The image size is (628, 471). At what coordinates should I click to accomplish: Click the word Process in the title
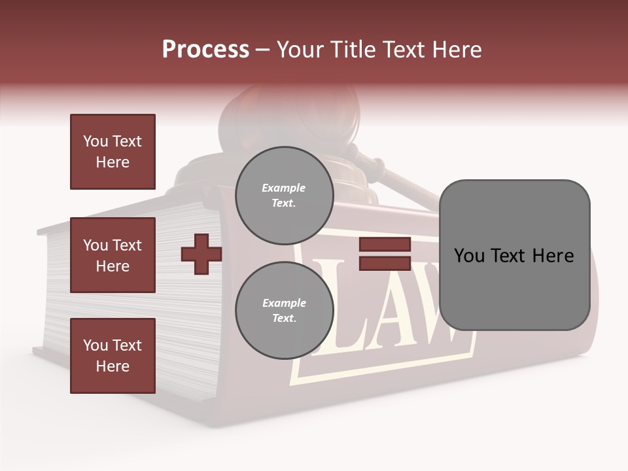pos(205,50)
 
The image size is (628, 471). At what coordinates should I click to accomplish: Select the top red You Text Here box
pos(113,152)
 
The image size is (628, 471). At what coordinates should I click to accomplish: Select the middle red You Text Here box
pos(113,255)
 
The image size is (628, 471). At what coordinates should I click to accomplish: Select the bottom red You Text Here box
pos(113,356)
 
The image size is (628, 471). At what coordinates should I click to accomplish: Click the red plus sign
pos(201,254)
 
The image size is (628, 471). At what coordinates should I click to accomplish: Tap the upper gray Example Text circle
pos(284,195)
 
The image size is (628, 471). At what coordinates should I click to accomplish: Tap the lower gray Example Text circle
pos(284,310)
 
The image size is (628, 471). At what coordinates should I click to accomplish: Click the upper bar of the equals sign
pos(385,245)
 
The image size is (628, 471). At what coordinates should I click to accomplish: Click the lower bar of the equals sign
pos(385,263)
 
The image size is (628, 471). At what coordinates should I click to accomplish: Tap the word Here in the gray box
pos(553,256)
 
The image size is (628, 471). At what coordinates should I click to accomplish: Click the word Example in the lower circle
pos(284,303)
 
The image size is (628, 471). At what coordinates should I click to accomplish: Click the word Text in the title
pos(401,50)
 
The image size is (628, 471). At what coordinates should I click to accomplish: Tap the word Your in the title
pos(300,50)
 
